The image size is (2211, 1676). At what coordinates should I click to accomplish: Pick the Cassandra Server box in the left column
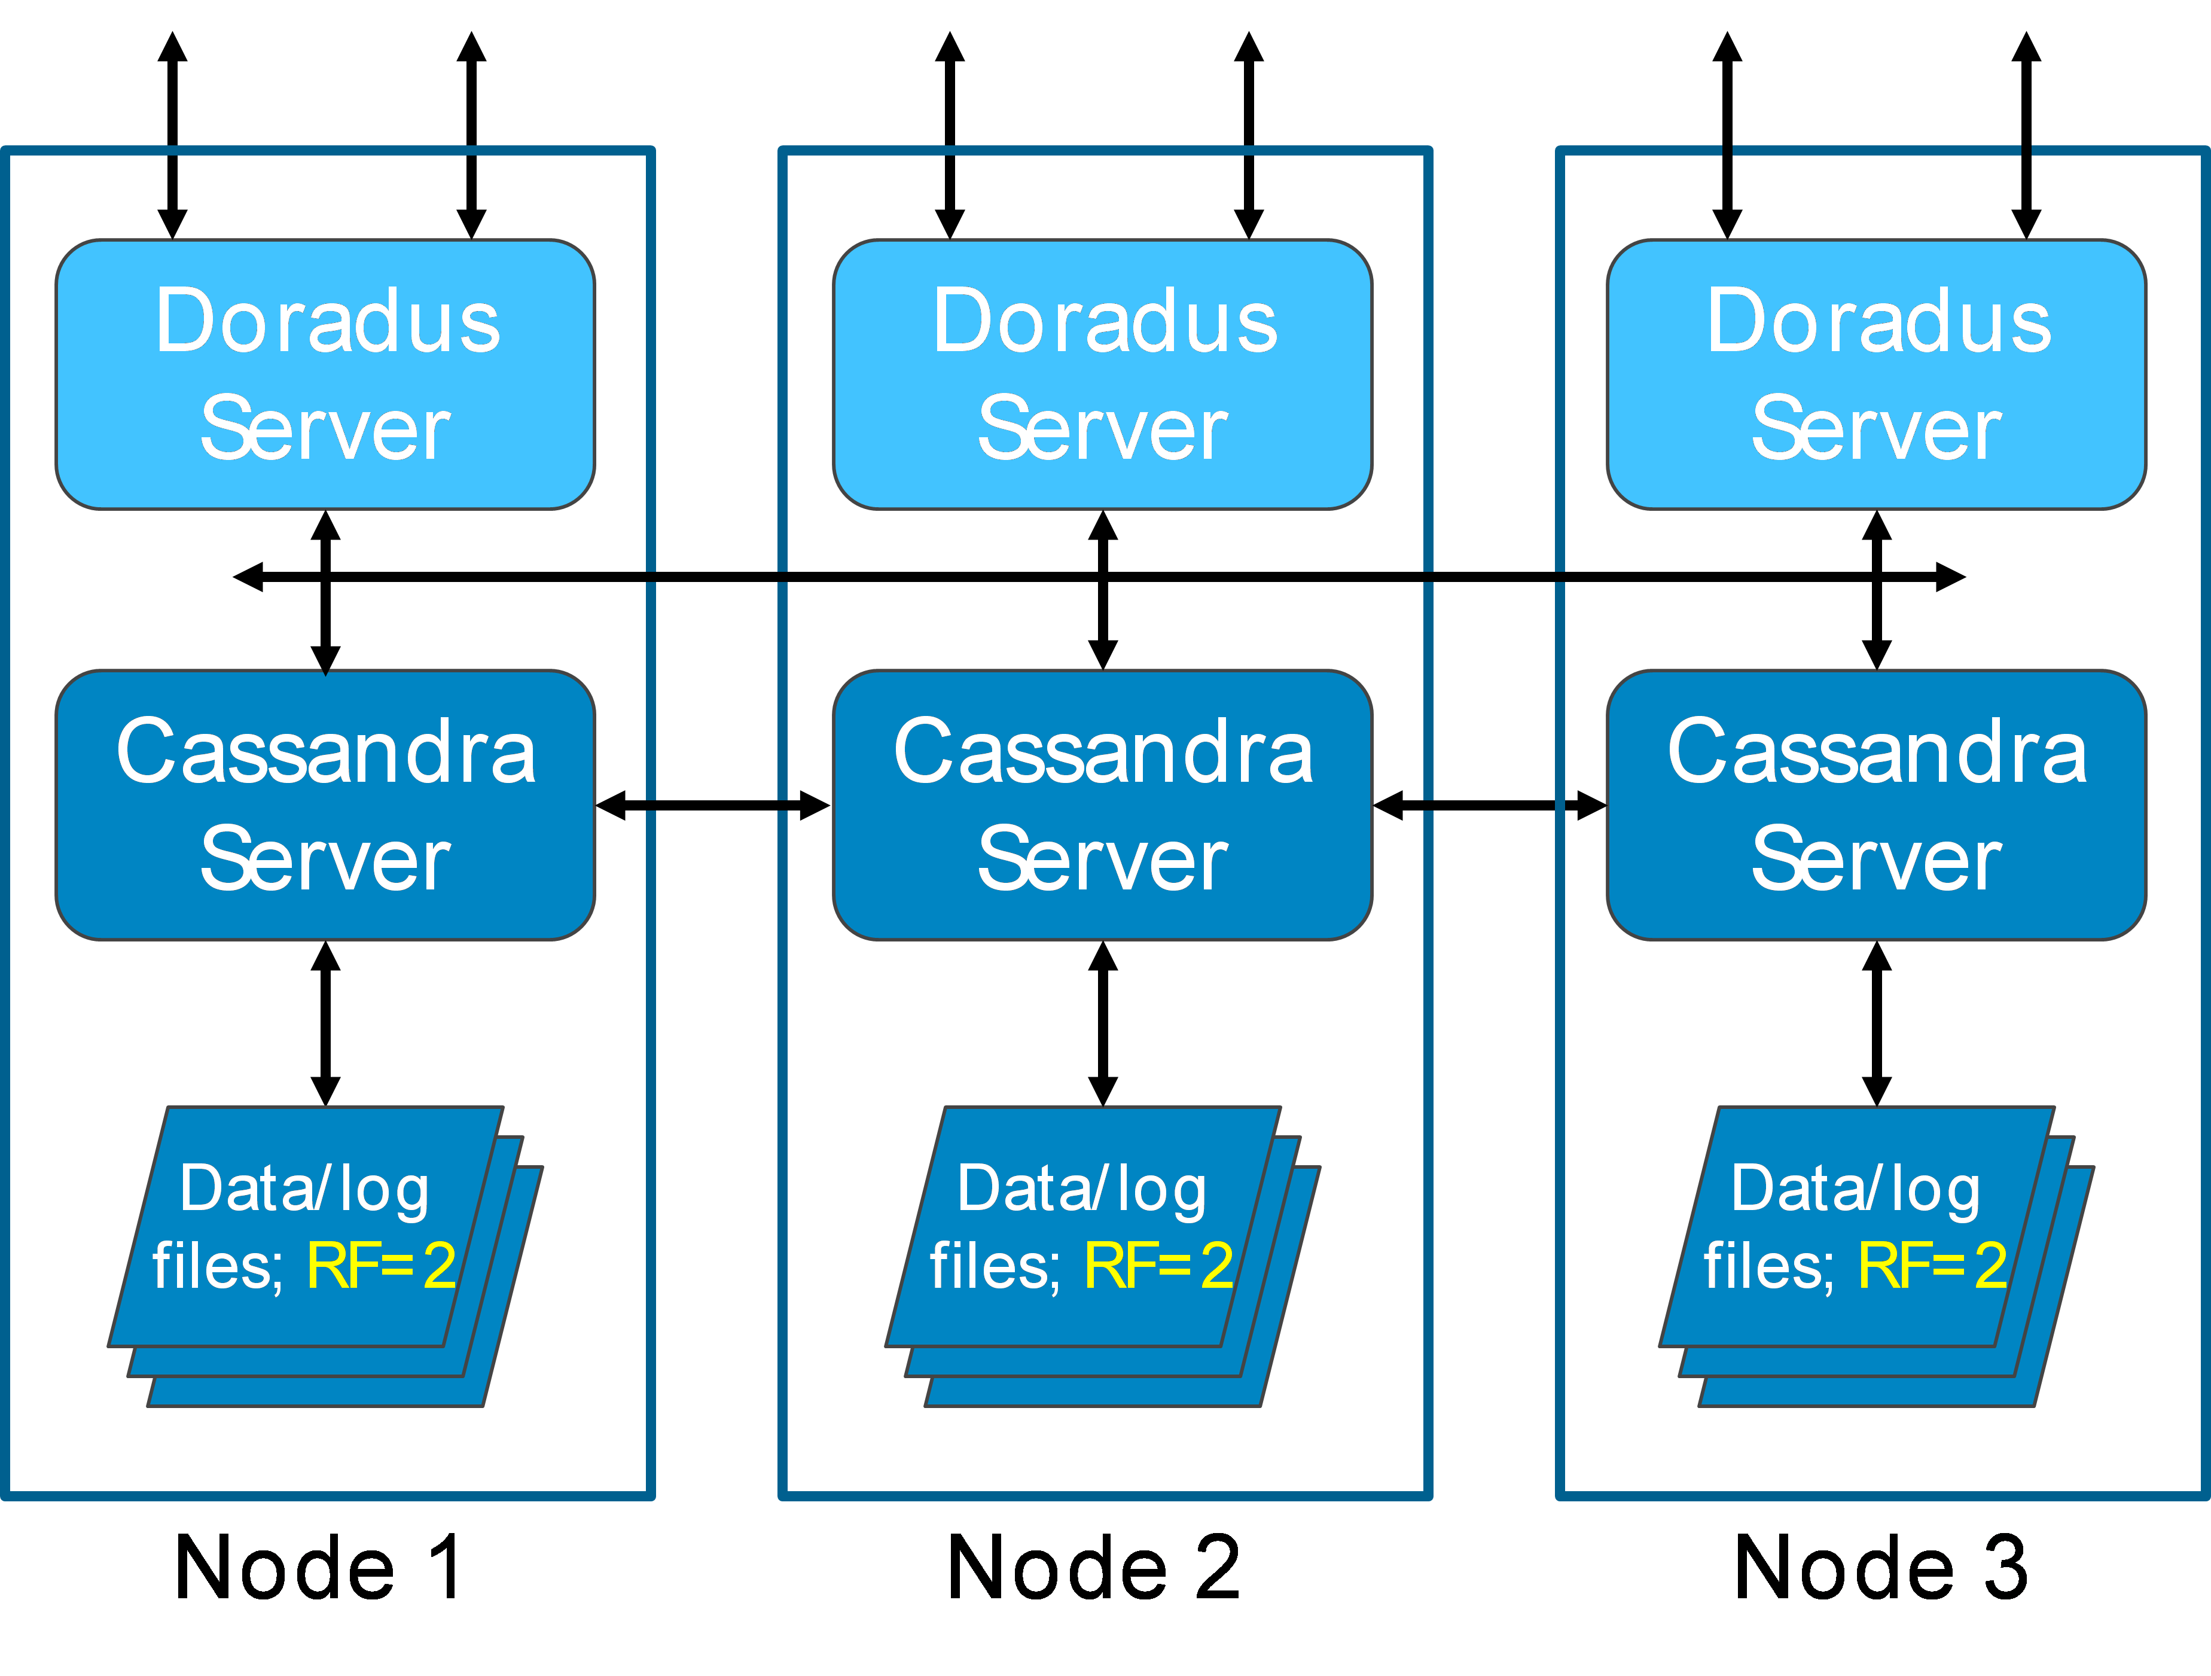[x=325, y=805]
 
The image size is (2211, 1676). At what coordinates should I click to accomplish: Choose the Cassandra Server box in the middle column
[x=1102, y=805]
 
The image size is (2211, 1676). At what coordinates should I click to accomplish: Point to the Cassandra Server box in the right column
[x=1876, y=805]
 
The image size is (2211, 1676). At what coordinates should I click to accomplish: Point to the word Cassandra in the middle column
[x=1102, y=751]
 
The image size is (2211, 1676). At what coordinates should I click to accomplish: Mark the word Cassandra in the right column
[x=1876, y=751]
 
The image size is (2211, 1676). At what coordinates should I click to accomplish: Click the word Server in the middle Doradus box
[x=1102, y=429]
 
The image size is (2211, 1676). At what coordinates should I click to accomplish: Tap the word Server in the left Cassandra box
[x=325, y=860]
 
